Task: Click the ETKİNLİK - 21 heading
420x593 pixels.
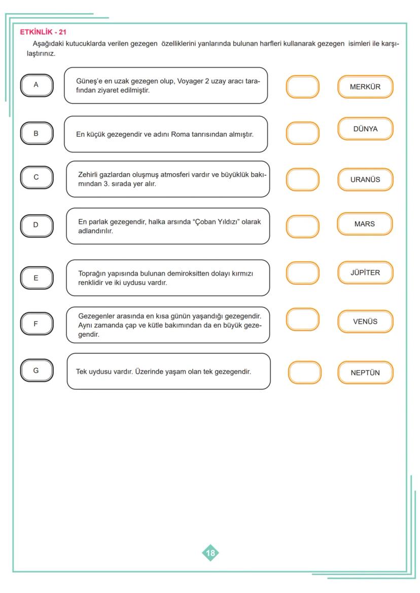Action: point(43,32)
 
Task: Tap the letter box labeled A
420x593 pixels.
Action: point(36,85)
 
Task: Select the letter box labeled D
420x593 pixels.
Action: point(36,225)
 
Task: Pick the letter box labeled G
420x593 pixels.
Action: point(36,370)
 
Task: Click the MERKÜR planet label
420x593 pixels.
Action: point(365,87)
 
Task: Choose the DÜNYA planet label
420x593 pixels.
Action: point(365,129)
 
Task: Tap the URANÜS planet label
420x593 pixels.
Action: point(365,179)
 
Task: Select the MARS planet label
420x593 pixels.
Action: point(365,224)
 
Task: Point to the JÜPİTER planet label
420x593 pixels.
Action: point(365,272)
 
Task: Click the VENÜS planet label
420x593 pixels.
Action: point(365,321)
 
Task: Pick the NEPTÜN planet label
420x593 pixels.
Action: point(365,373)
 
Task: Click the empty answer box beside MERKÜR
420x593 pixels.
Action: point(303,87)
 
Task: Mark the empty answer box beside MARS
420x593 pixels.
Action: point(303,227)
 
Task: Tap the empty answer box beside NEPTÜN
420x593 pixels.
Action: point(305,372)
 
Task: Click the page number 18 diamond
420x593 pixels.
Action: point(211,553)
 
